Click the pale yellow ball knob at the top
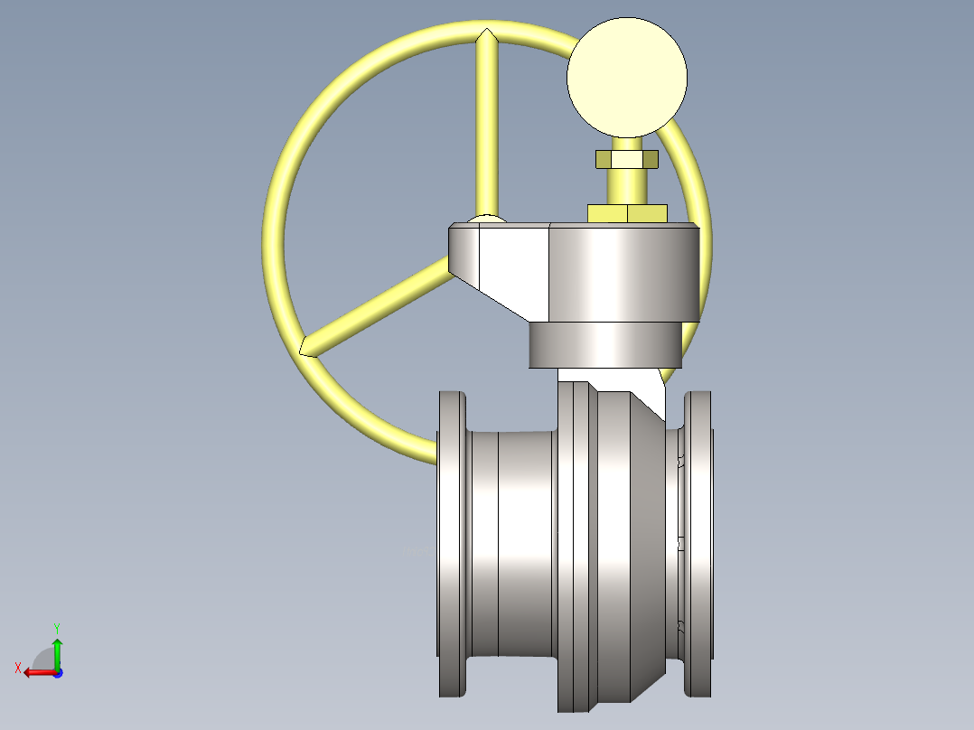(626, 77)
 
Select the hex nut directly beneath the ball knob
(626, 159)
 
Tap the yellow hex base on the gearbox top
(627, 213)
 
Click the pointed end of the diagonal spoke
(305, 346)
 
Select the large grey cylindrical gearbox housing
(623, 271)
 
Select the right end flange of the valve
(698, 542)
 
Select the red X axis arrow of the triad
(36, 672)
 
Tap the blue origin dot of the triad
(57, 673)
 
